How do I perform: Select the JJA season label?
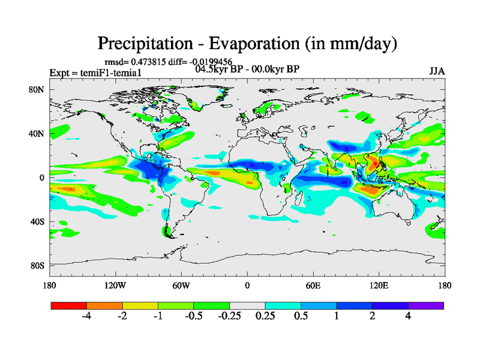[437, 71]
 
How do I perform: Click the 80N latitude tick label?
[39, 90]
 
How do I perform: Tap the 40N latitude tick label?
[39, 134]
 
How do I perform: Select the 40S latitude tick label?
[39, 221]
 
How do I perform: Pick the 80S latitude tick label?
[39, 265]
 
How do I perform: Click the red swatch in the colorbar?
[68, 305]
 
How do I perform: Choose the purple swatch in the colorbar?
[426, 305]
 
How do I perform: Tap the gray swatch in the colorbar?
[247, 305]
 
